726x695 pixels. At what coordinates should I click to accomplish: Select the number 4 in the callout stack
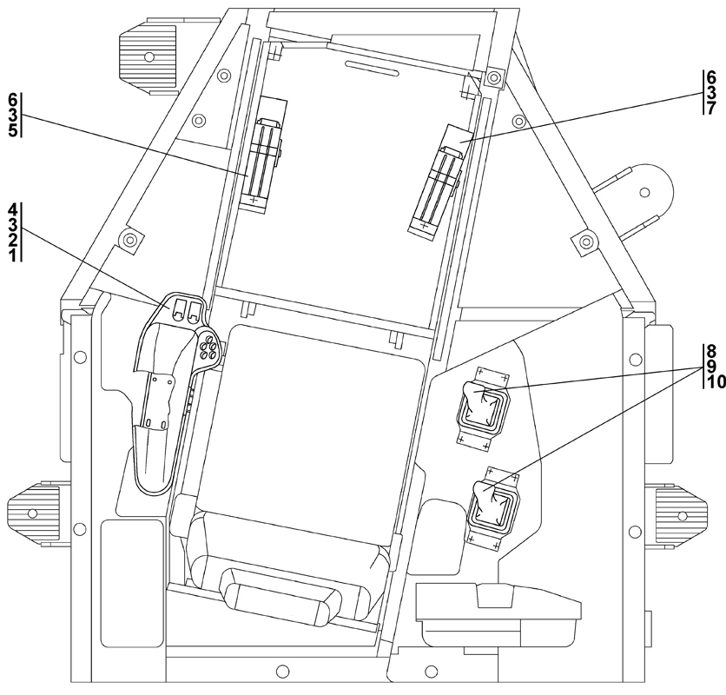coord(13,209)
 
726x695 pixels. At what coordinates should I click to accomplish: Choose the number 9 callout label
coord(710,367)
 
